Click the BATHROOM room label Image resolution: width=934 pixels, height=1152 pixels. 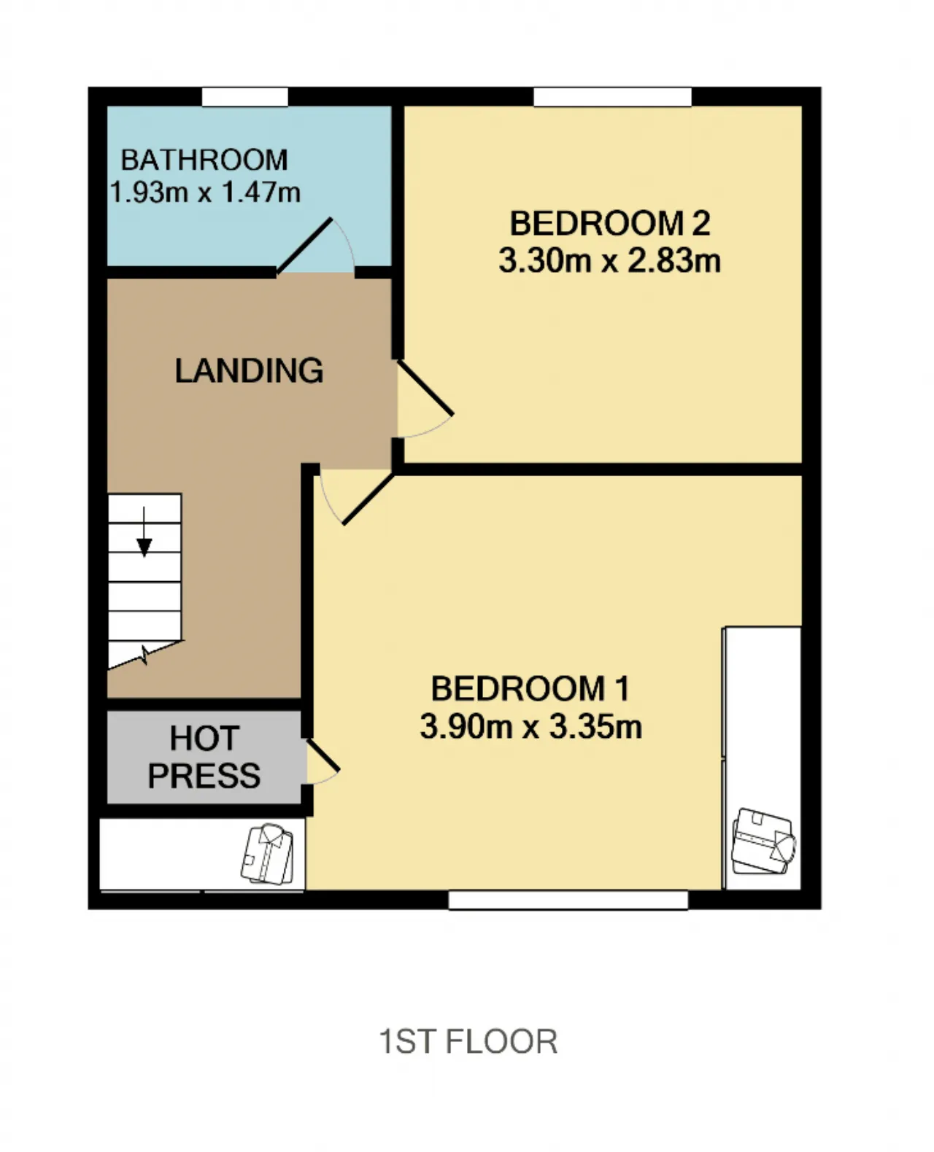coord(204,160)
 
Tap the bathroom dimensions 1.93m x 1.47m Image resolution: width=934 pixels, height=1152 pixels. coord(205,192)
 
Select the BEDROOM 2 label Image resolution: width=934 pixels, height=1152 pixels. coord(610,223)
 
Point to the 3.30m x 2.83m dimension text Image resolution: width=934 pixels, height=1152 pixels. coord(610,260)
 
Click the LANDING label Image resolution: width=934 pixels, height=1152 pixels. coord(249,370)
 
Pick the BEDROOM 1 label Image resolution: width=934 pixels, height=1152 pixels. coord(531,688)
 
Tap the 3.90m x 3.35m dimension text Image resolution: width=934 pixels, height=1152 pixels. coord(531,725)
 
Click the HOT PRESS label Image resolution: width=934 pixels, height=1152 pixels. coord(204,757)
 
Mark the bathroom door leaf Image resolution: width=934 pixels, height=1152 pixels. coord(304,246)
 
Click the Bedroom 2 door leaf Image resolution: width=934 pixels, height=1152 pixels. coord(425,389)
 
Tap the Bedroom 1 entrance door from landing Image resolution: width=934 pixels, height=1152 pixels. coord(368,499)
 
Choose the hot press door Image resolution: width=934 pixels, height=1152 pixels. coord(323,755)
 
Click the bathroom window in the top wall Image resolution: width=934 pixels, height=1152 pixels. coord(244,97)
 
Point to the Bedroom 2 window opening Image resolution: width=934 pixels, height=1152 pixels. coord(612,97)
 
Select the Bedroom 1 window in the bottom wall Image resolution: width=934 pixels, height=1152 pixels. coord(568,900)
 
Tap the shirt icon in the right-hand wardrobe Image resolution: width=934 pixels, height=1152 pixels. coord(763,841)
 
